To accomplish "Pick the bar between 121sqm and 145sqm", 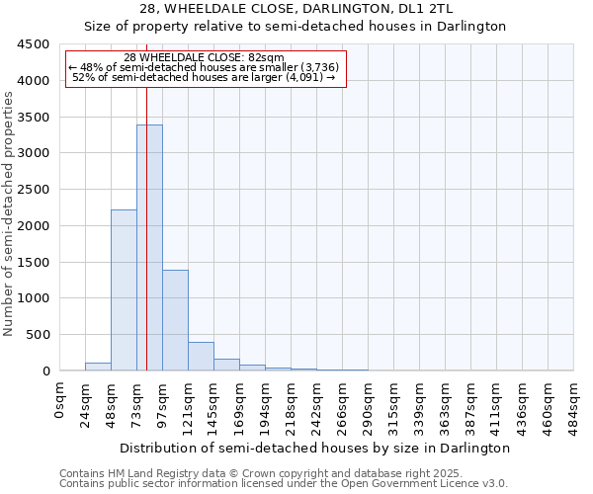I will [201, 357].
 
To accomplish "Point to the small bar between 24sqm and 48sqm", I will [98, 367].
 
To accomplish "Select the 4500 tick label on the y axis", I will [34, 44].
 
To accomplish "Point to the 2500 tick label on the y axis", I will [34, 190].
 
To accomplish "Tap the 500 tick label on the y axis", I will [38, 335].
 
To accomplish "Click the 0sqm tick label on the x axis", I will [60, 398].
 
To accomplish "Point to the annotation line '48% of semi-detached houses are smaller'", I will [205, 67].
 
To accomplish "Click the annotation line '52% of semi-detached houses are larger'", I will [205, 77].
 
